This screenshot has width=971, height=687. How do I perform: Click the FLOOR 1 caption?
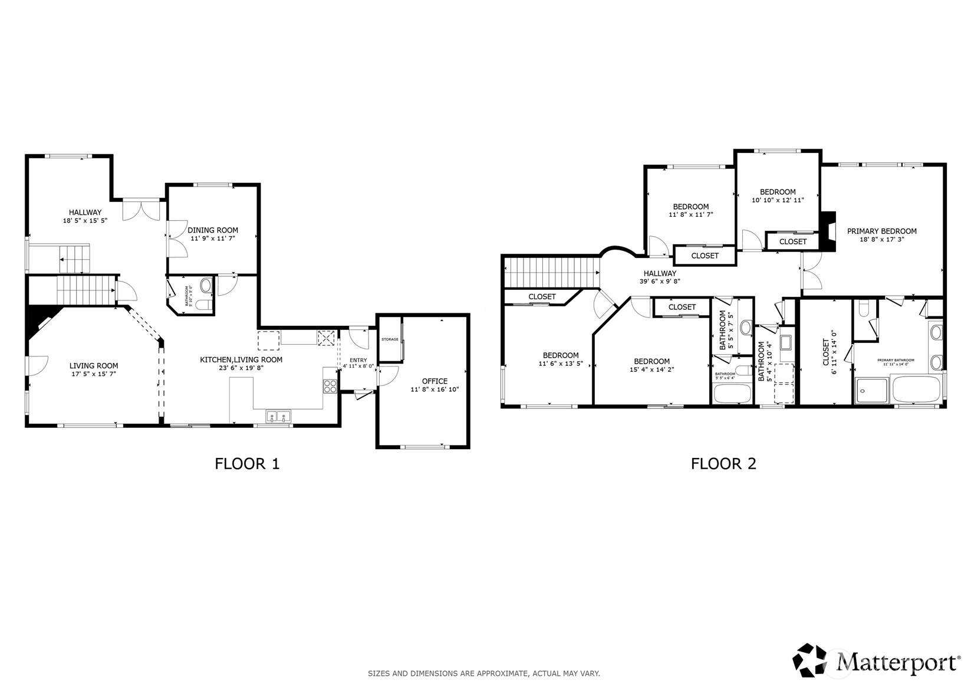[x=247, y=464]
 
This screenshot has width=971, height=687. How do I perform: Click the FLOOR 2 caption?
[x=723, y=464]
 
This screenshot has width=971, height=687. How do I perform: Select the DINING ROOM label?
[x=213, y=230]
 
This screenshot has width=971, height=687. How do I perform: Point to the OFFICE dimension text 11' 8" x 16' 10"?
[x=435, y=390]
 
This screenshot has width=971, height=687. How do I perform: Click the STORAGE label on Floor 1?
[x=390, y=339]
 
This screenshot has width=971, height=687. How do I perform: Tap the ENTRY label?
[x=358, y=360]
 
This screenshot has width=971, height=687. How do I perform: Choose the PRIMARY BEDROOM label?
[x=881, y=231]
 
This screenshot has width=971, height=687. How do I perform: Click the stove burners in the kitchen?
[x=330, y=387]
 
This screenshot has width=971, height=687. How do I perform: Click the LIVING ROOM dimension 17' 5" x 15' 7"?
[x=94, y=374]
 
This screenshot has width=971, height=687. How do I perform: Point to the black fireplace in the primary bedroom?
[x=828, y=232]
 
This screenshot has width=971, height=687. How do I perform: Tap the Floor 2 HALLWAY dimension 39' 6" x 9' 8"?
[x=660, y=282]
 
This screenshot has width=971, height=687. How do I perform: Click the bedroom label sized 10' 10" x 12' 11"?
[x=778, y=200]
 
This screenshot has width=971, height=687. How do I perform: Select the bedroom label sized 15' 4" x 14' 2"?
[x=651, y=370]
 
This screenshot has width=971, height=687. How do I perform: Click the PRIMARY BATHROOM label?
[x=896, y=360]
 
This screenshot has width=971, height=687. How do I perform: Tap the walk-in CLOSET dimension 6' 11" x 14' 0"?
[x=834, y=353]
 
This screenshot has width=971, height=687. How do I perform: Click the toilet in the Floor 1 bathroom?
[x=203, y=305]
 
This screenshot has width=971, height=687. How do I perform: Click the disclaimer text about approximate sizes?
[x=484, y=673]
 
